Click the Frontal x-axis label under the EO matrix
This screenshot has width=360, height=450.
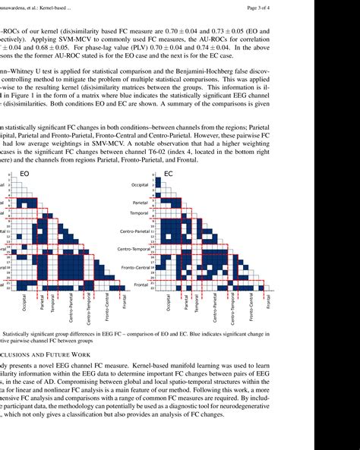(125, 302)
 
